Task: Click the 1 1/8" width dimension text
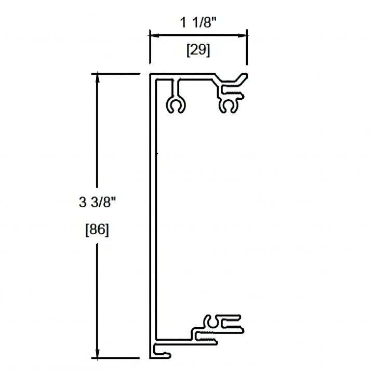(x=198, y=23)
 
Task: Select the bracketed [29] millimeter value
(x=198, y=50)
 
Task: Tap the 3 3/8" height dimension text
(x=97, y=203)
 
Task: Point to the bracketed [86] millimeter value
(x=97, y=230)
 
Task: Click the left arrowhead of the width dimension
(x=154, y=35)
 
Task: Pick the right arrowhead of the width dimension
(x=242, y=35)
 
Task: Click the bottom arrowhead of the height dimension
(x=97, y=353)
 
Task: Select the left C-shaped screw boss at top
(x=176, y=104)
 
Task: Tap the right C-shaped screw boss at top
(x=229, y=105)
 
